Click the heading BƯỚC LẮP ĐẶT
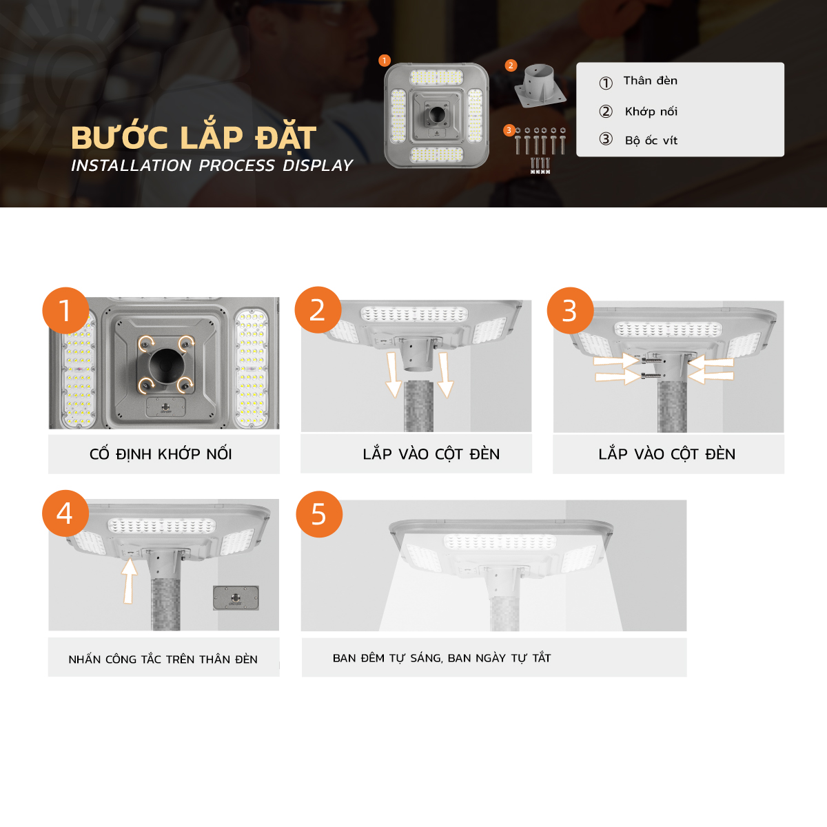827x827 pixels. tap(194, 137)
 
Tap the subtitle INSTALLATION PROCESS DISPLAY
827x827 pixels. tap(212, 165)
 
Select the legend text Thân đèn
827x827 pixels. tap(650, 81)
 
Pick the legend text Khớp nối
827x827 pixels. tap(651, 111)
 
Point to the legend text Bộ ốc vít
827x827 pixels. tap(651, 140)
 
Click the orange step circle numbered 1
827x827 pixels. tap(65, 310)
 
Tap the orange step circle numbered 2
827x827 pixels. tap(318, 310)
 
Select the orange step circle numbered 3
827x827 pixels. tap(571, 310)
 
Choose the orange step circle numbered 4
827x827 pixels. tap(65, 513)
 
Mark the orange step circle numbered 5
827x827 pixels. tap(319, 514)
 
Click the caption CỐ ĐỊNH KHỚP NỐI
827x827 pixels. tap(161, 453)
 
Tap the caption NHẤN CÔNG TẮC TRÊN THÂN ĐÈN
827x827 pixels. tap(163, 659)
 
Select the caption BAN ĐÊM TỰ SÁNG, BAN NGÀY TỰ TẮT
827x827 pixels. tap(442, 657)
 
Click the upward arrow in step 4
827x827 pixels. tap(129, 581)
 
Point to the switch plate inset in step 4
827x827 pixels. tap(236, 598)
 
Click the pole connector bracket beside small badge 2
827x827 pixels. tap(540, 86)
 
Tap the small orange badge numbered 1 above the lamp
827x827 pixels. tap(385, 61)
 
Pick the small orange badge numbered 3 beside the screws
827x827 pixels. tap(509, 130)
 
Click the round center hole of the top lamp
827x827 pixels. tap(437, 114)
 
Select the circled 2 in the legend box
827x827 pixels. tap(606, 111)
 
